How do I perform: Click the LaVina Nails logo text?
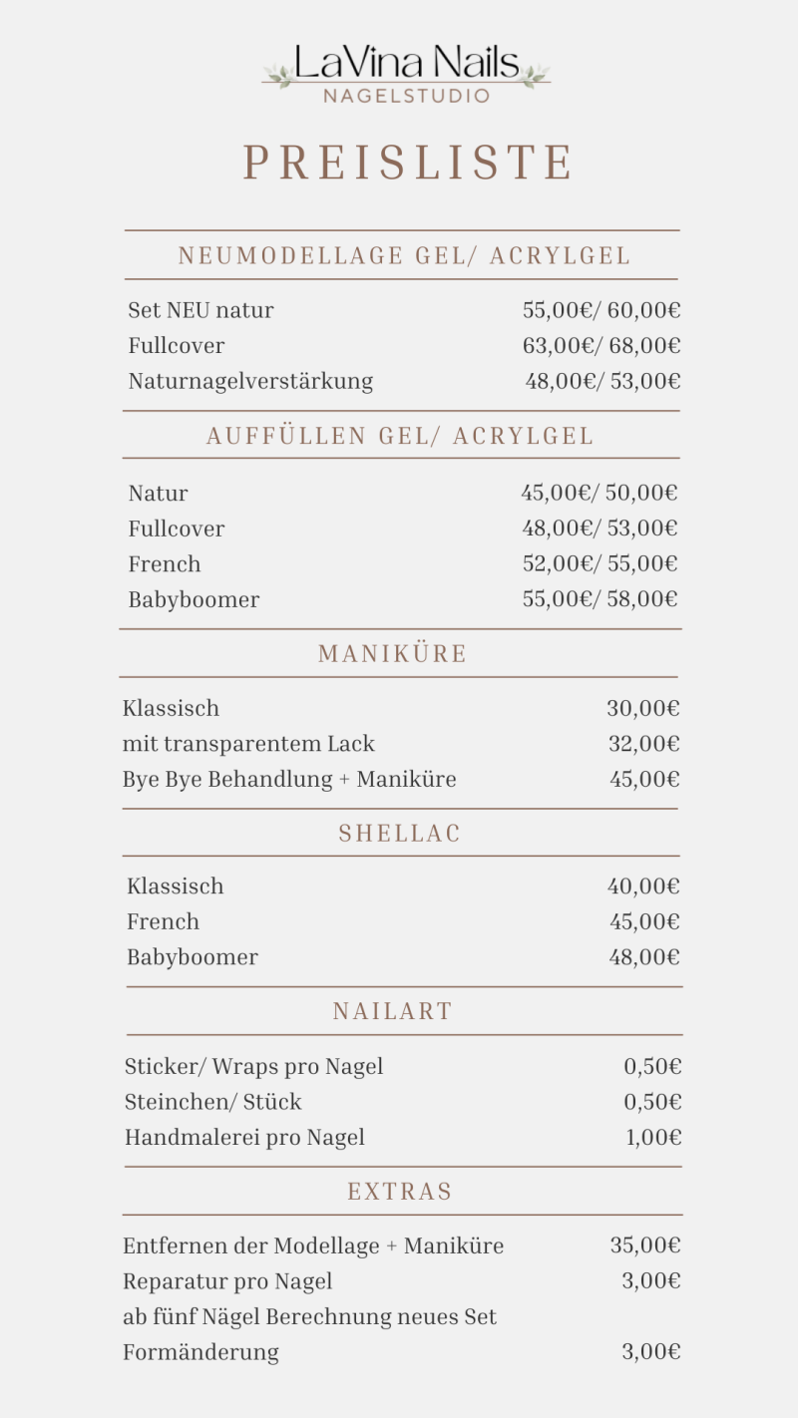click(x=406, y=65)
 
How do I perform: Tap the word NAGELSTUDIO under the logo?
click(x=406, y=97)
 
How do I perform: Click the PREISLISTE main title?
click(x=408, y=163)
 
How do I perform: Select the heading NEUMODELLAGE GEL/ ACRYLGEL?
click(x=404, y=256)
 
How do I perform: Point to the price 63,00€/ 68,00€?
click(x=601, y=346)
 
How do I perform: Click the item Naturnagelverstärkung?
click(x=250, y=381)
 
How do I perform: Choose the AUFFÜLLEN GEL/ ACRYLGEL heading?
click(x=400, y=436)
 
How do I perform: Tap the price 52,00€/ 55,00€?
click(x=599, y=564)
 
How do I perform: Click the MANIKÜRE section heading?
click(x=392, y=654)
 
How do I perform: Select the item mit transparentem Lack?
click(x=248, y=744)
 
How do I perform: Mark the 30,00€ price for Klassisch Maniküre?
click(x=643, y=709)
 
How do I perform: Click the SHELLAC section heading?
click(x=400, y=834)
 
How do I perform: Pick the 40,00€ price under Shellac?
click(x=643, y=886)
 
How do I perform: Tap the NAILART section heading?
click(x=392, y=1011)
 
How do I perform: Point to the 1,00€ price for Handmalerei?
click(x=653, y=1138)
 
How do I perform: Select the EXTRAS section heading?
click(x=400, y=1192)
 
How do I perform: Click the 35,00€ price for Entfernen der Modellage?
click(x=645, y=1245)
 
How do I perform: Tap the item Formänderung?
click(x=200, y=1352)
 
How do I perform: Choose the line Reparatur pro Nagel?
click(x=227, y=1281)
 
